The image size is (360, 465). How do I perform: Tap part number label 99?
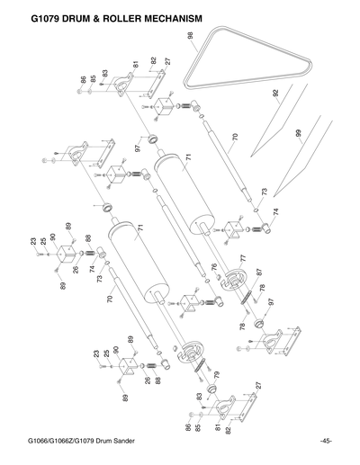pyautogui.click(x=297, y=134)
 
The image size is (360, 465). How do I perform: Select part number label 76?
pyautogui.click(x=214, y=266)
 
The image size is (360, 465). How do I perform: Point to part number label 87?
pyautogui.click(x=258, y=273)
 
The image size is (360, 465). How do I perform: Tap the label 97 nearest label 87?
pyautogui.click(x=270, y=302)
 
